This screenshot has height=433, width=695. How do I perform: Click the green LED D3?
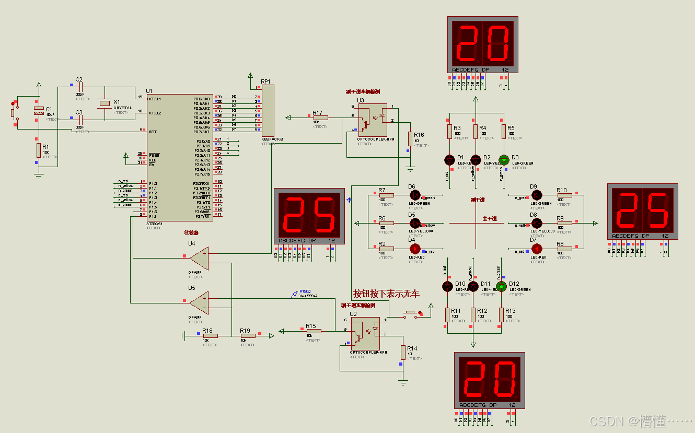click(x=504, y=160)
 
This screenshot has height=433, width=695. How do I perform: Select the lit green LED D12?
click(x=501, y=286)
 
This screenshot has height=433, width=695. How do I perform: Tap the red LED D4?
click(x=415, y=249)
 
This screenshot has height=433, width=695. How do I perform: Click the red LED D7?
click(x=536, y=249)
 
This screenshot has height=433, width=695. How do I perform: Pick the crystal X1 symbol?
click(x=105, y=103)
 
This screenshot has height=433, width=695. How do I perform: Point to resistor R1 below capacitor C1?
click(x=38, y=150)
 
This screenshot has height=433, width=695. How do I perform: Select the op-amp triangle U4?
click(x=199, y=257)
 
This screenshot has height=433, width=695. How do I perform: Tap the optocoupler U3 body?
click(x=372, y=120)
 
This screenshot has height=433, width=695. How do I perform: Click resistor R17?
click(x=320, y=118)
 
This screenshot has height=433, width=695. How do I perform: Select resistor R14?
click(x=403, y=352)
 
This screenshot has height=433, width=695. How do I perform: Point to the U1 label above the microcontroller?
click(x=149, y=90)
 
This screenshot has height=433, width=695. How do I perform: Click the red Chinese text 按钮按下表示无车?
click(x=386, y=294)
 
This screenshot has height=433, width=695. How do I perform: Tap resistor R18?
click(x=210, y=336)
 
